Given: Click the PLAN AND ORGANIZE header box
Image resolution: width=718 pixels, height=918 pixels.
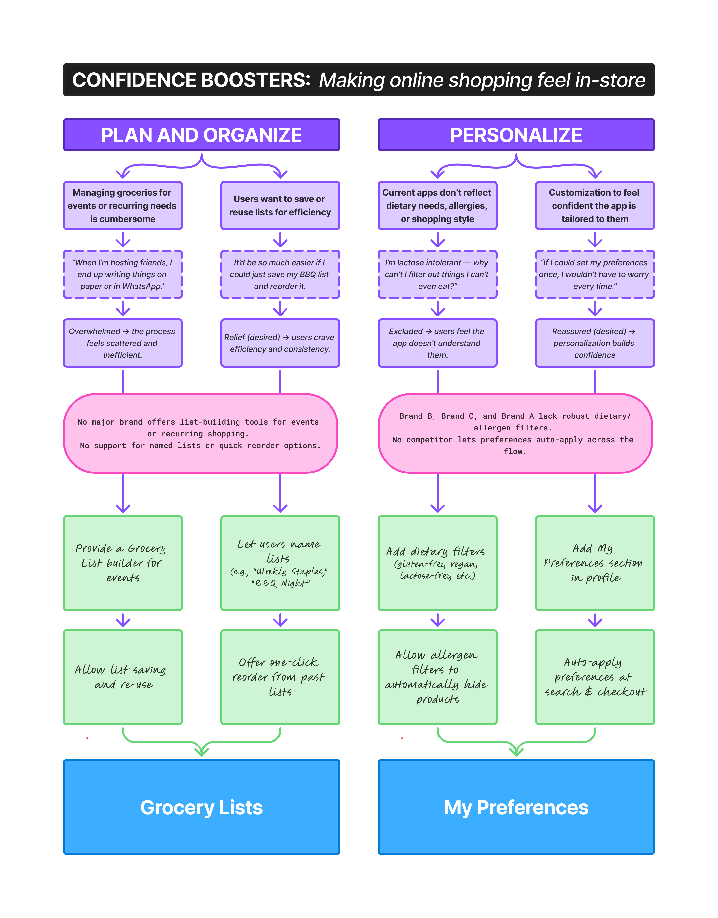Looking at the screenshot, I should [201, 135].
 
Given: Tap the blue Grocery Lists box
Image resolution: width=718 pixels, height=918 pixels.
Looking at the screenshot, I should [201, 807].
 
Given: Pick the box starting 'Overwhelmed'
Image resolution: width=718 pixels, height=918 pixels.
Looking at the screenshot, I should [122, 343].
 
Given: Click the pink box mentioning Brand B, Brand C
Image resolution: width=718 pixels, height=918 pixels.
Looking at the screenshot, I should [515, 433].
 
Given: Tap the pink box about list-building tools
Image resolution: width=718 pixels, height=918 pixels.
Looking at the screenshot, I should [200, 433].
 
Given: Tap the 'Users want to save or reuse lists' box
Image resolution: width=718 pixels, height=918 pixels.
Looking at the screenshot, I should [280, 205].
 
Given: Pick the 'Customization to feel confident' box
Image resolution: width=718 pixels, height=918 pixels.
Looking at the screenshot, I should [595, 205].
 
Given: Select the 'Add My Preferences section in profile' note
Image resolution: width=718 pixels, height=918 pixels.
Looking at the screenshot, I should [595, 563].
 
